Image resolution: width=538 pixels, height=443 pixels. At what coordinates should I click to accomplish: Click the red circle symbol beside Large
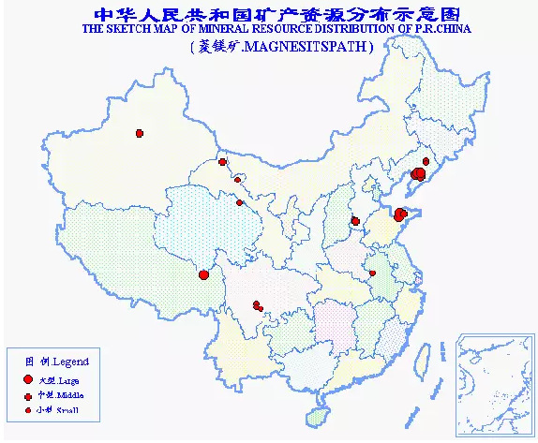(28, 380)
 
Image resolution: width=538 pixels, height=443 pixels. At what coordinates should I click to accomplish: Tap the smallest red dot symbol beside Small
(28, 410)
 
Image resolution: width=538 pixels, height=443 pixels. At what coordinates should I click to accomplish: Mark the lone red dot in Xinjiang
(140, 133)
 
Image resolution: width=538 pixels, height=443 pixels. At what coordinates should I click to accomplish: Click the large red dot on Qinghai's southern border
(204, 274)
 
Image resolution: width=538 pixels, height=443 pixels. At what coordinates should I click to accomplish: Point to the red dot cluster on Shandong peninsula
(400, 214)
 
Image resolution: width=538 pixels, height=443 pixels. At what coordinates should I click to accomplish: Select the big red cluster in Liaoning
(418, 174)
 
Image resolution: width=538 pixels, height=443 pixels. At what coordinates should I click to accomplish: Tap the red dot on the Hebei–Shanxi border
(355, 222)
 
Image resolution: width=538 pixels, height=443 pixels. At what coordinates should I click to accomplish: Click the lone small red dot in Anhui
(372, 273)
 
